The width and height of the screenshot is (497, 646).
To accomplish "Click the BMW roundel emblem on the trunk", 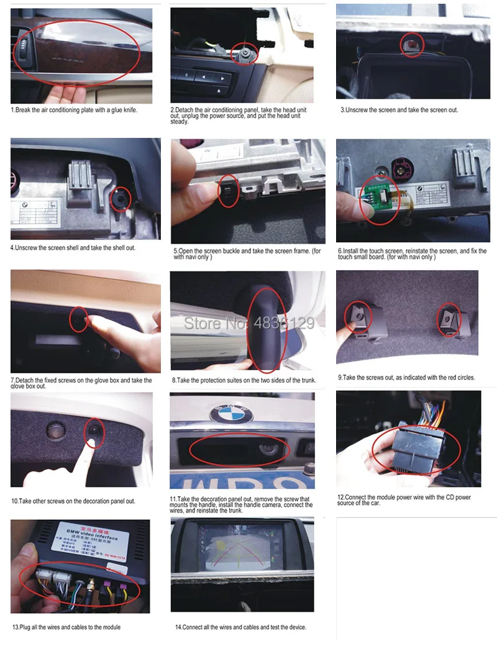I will click(x=231, y=412).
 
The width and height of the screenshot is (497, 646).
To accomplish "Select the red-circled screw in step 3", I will click(x=411, y=44).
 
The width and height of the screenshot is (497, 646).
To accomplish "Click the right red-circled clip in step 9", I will click(x=449, y=319).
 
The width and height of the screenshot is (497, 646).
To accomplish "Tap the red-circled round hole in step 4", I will click(x=120, y=199).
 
